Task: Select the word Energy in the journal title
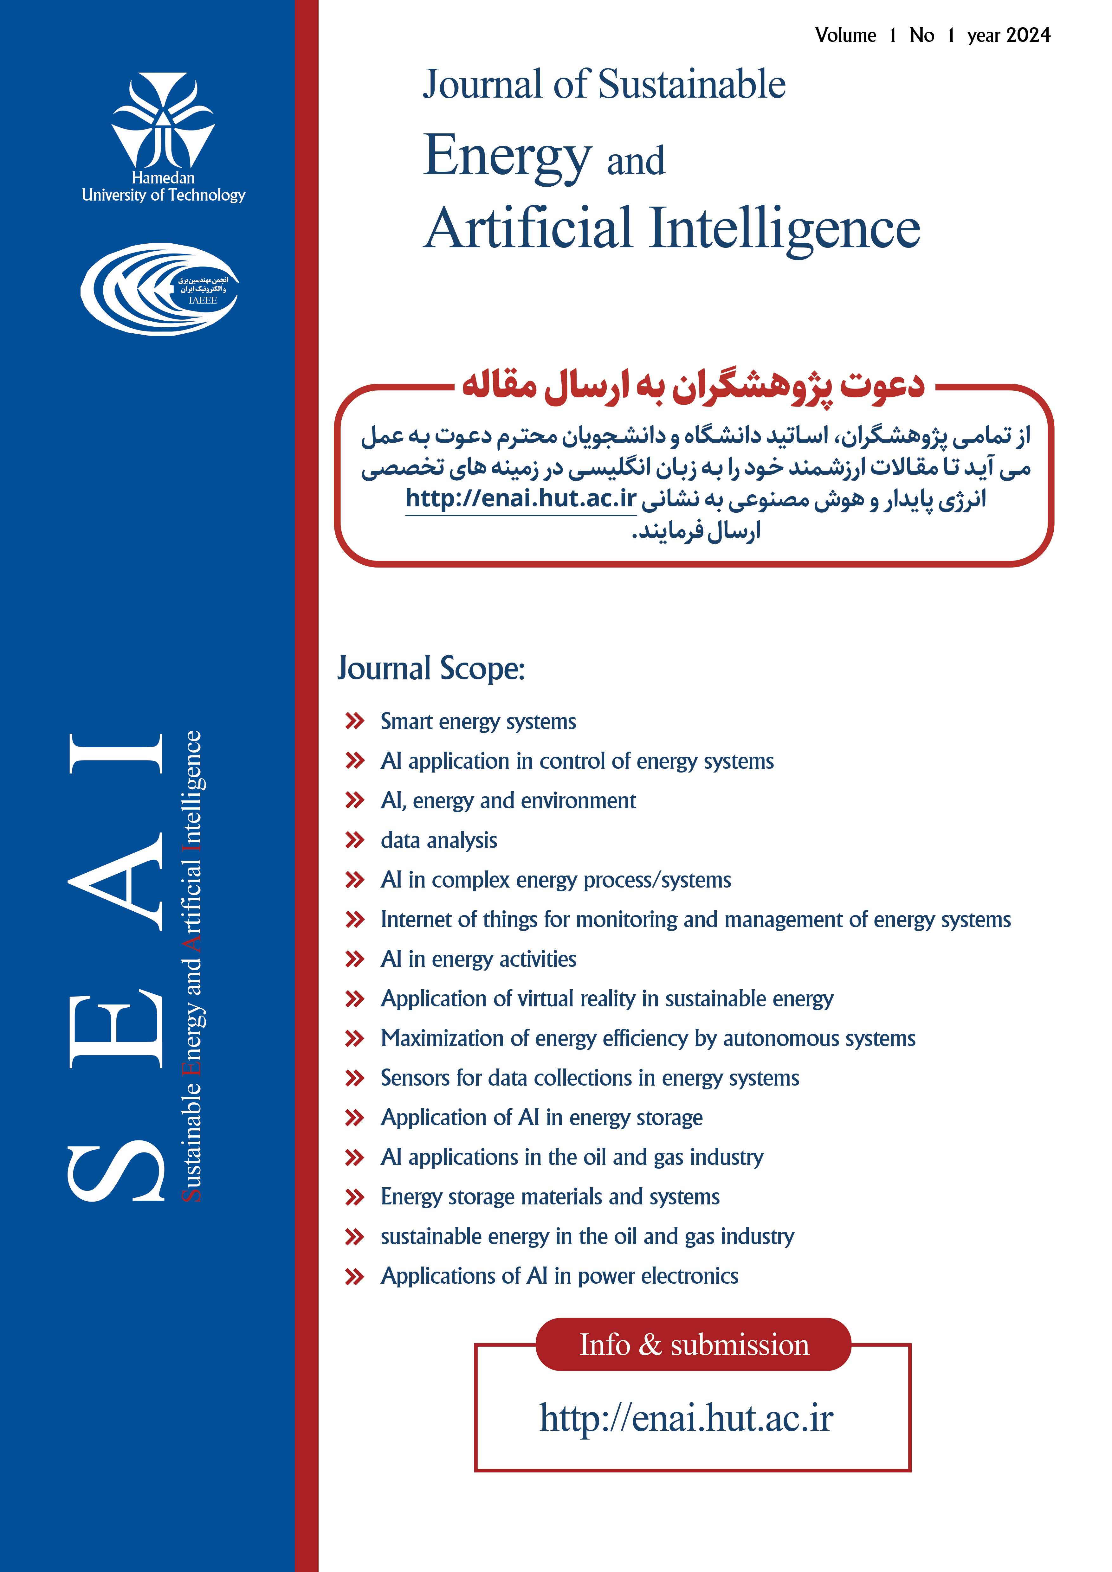507,156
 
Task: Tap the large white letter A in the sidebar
116,882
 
